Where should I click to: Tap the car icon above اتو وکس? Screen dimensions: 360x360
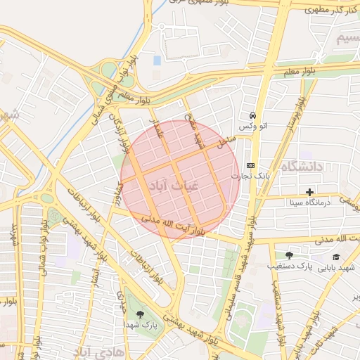[x=252, y=115]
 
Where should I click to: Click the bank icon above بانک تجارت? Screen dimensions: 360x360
[x=251, y=165]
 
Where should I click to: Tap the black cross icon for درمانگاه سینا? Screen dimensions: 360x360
[x=309, y=192]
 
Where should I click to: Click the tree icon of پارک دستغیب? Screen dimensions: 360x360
[x=289, y=255]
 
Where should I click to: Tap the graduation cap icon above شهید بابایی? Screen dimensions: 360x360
[x=336, y=257]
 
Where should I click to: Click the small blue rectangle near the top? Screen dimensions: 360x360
[x=157, y=60]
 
